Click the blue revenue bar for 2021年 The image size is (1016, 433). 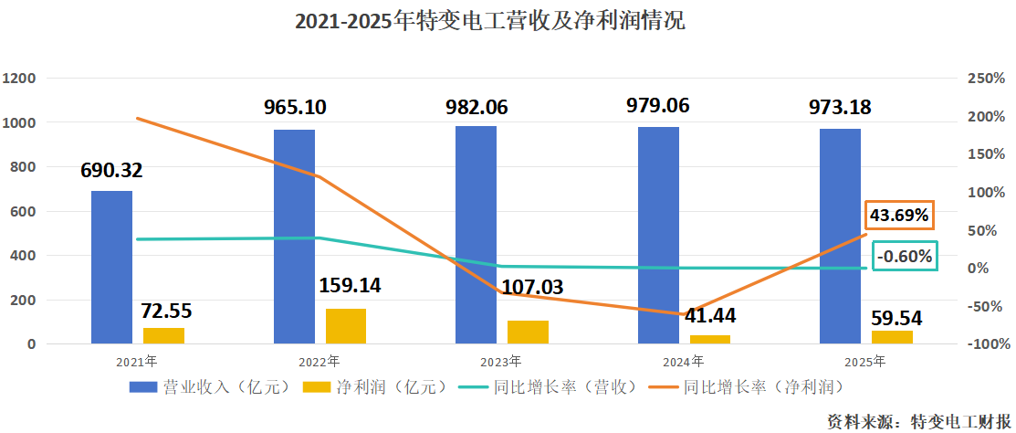point(111,267)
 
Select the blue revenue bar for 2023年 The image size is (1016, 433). point(476,235)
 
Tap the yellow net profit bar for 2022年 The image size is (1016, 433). point(346,326)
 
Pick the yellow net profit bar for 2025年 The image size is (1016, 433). point(892,337)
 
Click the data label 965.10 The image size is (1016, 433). point(295,107)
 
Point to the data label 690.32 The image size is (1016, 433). point(111,170)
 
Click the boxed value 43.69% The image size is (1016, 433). point(900,216)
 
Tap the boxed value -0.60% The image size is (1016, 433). point(905,257)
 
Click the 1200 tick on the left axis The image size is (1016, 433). point(19,79)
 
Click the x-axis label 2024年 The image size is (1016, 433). point(684,362)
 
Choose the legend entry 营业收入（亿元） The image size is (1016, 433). point(210,386)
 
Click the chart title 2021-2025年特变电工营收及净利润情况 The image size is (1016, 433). point(489,21)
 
